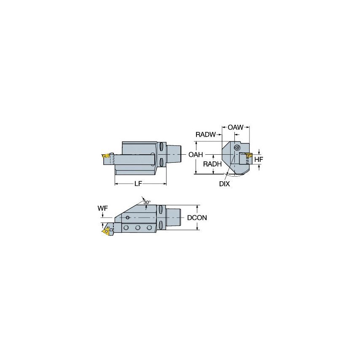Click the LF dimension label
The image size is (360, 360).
137,184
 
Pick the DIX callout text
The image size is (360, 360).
224,184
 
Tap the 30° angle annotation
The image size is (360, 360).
147,202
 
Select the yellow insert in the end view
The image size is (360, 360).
249,157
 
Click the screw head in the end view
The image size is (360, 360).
236,148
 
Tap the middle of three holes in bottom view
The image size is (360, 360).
138,228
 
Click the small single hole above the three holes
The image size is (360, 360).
128,218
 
